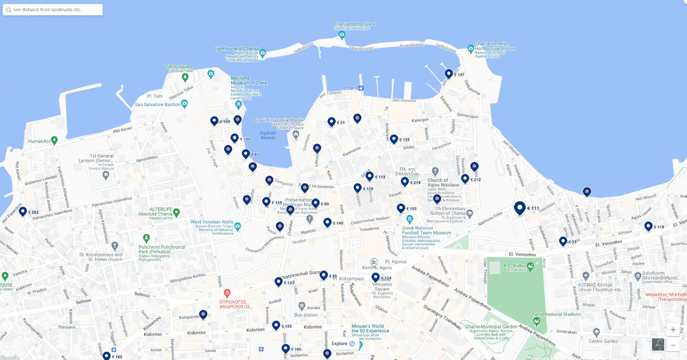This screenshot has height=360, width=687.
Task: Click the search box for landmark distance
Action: tap(52, 9)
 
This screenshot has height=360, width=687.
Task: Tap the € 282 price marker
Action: tap(23, 211)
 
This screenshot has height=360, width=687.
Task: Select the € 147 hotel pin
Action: tap(449, 73)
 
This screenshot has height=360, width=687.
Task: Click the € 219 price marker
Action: tap(404, 181)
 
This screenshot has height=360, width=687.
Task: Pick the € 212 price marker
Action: tap(465, 178)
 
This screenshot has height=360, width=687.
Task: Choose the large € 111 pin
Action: tap(520, 208)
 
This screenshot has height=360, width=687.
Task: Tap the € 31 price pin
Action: tap(331, 122)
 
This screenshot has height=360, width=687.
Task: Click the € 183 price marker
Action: tap(277, 326)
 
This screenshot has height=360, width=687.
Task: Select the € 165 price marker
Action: tap(106, 356)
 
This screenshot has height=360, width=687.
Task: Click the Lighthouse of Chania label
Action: tap(236, 49)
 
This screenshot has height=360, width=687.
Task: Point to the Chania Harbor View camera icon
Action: tap(342, 34)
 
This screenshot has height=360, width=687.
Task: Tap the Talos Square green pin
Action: tap(185, 77)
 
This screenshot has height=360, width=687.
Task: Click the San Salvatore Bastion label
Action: tap(158, 104)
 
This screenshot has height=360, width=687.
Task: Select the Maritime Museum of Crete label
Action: tap(249, 81)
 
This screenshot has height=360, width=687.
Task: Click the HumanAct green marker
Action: tap(54, 140)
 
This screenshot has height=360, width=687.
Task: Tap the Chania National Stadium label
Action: tap(554, 314)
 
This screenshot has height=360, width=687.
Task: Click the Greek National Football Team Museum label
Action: tap(426, 231)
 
